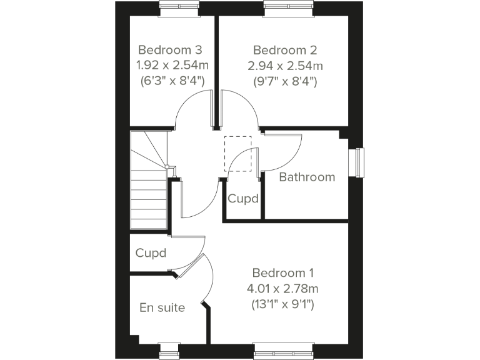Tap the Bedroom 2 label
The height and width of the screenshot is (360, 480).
point(285,49)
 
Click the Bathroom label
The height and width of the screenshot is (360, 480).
point(307,177)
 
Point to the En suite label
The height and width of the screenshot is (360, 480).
point(162,307)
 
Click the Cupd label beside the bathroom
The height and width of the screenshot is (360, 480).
point(243,199)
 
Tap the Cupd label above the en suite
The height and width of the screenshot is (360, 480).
point(151,253)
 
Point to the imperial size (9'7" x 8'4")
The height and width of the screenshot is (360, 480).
point(285,81)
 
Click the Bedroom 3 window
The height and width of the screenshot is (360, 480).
point(179,7)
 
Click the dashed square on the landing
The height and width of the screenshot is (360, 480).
point(237,153)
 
